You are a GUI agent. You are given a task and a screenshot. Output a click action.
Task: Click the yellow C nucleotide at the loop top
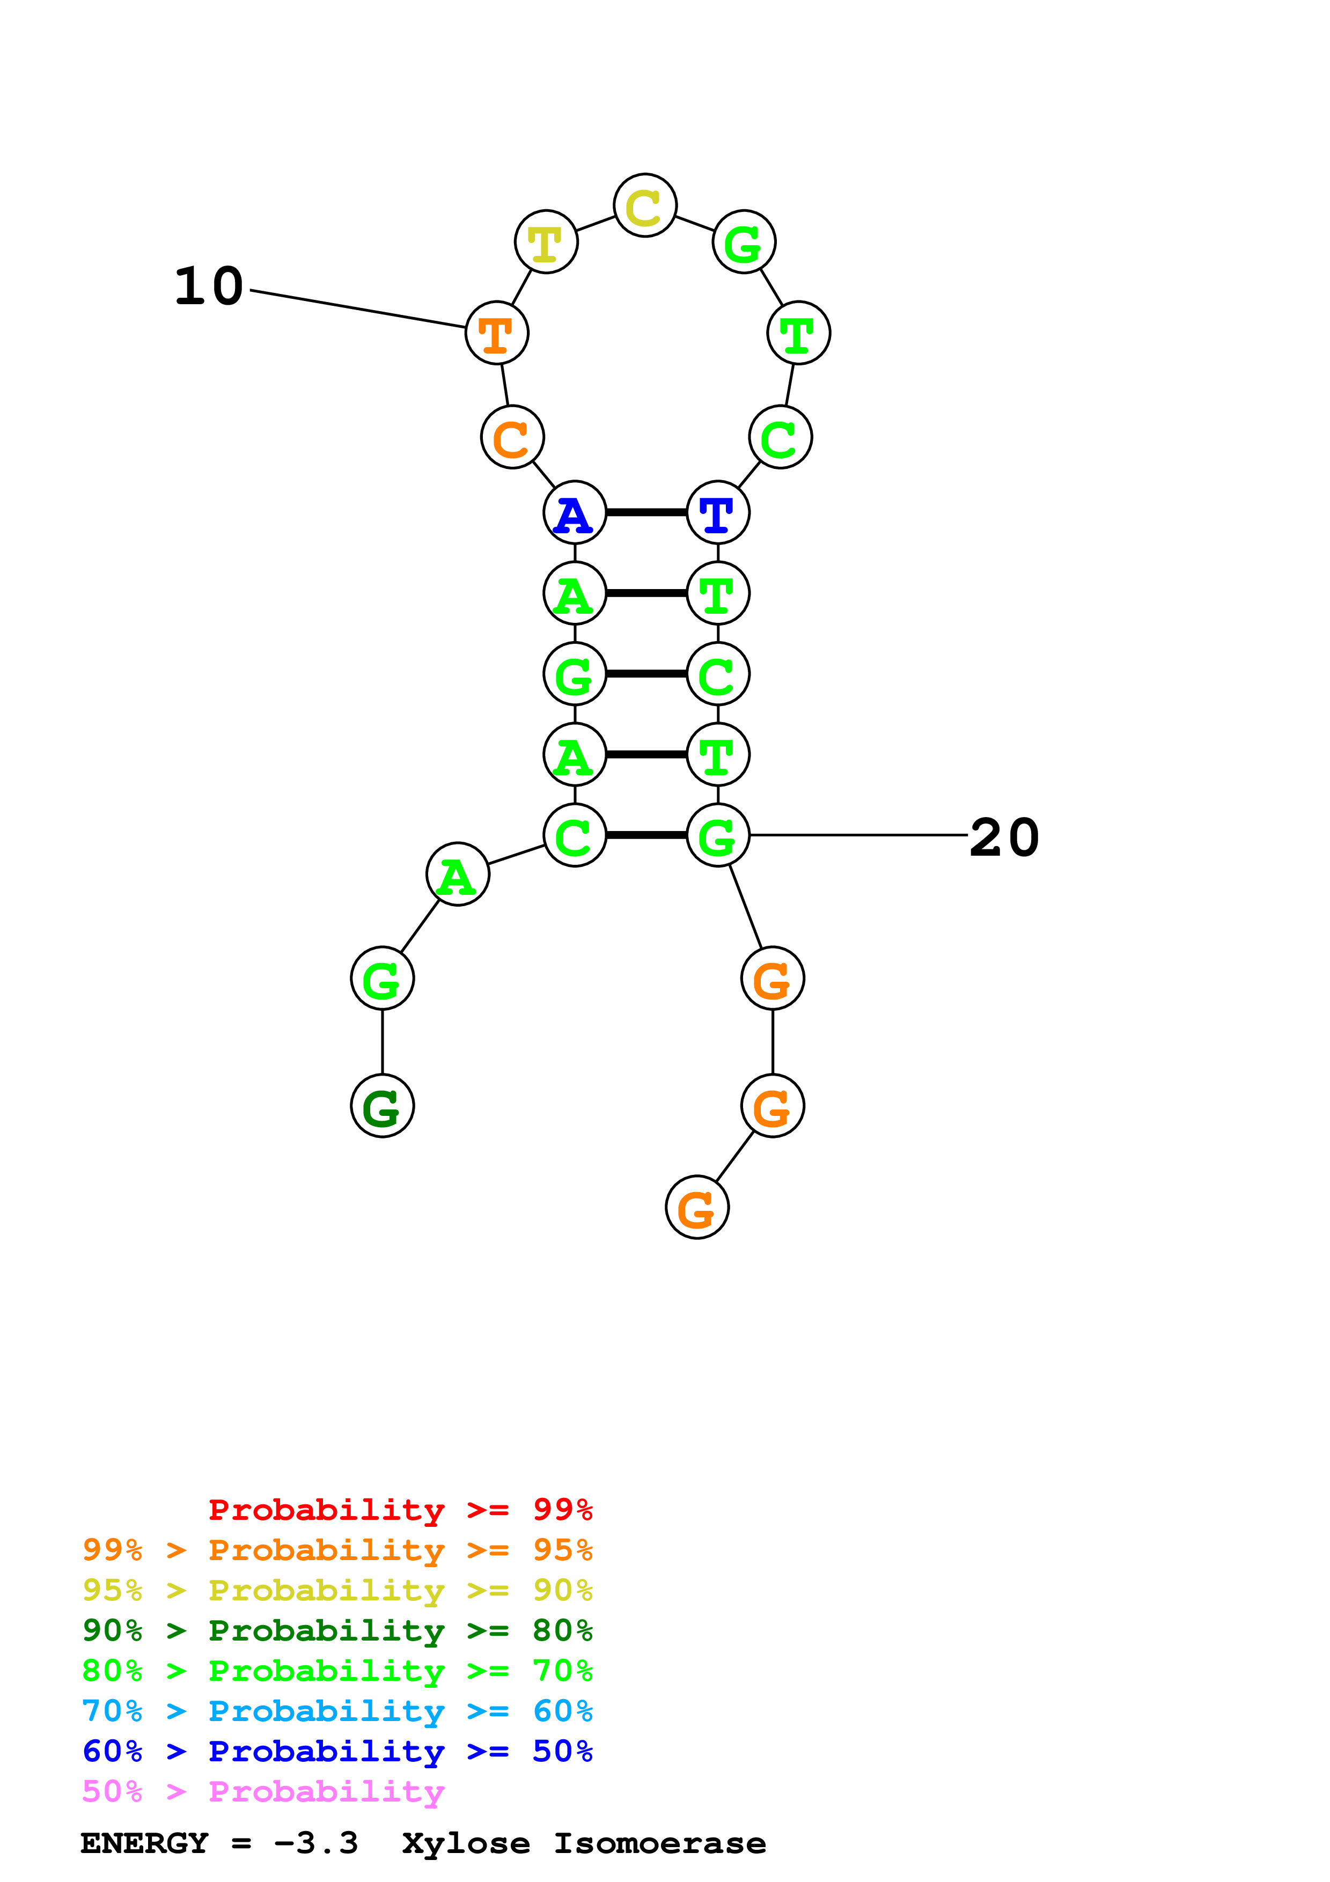pyautogui.click(x=644, y=205)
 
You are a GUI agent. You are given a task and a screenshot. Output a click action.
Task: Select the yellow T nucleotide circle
pyautogui.click(x=546, y=242)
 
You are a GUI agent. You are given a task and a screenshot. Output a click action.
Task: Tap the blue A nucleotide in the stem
pyautogui.click(x=575, y=513)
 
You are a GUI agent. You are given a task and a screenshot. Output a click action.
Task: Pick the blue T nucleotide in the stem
pyautogui.click(x=718, y=513)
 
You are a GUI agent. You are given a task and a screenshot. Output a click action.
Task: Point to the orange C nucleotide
pyautogui.click(x=512, y=438)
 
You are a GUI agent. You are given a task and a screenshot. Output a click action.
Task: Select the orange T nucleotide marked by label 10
pyautogui.click(x=497, y=333)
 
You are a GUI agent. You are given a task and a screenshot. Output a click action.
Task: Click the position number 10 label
pyautogui.click(x=209, y=287)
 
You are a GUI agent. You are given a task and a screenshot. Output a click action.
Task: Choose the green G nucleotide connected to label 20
pyautogui.click(x=718, y=835)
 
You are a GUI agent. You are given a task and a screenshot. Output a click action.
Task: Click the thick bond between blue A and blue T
pyautogui.click(x=646, y=513)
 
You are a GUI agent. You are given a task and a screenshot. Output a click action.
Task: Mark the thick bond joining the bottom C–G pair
pyautogui.click(x=646, y=835)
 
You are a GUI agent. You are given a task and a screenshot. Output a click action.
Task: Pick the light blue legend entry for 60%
pyautogui.click(x=337, y=1711)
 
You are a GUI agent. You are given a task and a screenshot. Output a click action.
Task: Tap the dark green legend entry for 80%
pyautogui.click(x=337, y=1630)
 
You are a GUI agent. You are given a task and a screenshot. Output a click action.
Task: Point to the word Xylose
pyautogui.click(x=466, y=1843)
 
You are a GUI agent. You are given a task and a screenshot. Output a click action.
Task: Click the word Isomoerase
pyautogui.click(x=660, y=1843)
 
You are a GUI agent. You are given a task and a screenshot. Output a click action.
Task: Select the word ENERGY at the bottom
pyautogui.click(x=144, y=1843)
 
